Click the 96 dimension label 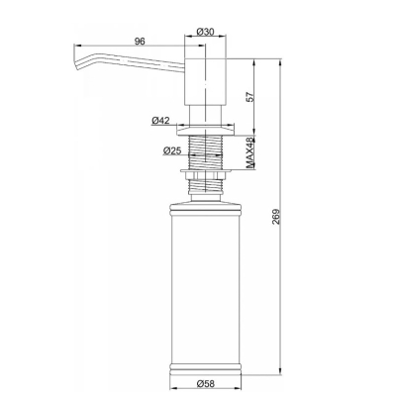pyautogui.click(x=140, y=42)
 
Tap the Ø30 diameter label pyautogui.click(x=205, y=32)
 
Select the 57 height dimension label pyautogui.click(x=250, y=96)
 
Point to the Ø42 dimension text pyautogui.click(x=160, y=121)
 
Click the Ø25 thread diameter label pyautogui.click(x=172, y=151)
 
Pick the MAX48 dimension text pyautogui.click(x=251, y=153)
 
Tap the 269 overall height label pyautogui.click(x=276, y=217)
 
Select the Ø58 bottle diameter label pyautogui.click(x=205, y=384)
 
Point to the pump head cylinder pyautogui.click(x=205, y=82)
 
